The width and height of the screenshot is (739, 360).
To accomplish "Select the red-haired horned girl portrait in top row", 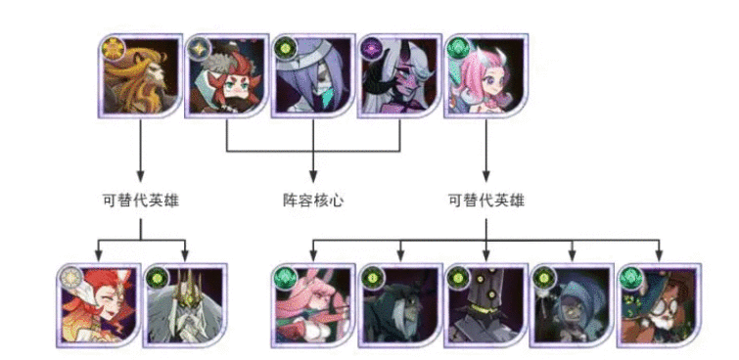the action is [226, 77].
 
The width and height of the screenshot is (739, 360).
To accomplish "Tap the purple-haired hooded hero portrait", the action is [312, 77].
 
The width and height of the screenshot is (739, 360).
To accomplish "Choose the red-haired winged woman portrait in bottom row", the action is [98, 304].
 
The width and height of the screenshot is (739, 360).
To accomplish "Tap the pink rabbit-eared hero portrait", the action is [312, 304].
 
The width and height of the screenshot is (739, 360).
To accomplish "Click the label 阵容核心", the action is [312, 201].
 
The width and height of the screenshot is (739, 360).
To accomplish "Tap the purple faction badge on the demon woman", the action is [371, 46].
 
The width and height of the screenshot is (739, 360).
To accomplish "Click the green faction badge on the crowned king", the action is [157, 275].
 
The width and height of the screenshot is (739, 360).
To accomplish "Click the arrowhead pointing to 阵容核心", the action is [312, 178].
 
